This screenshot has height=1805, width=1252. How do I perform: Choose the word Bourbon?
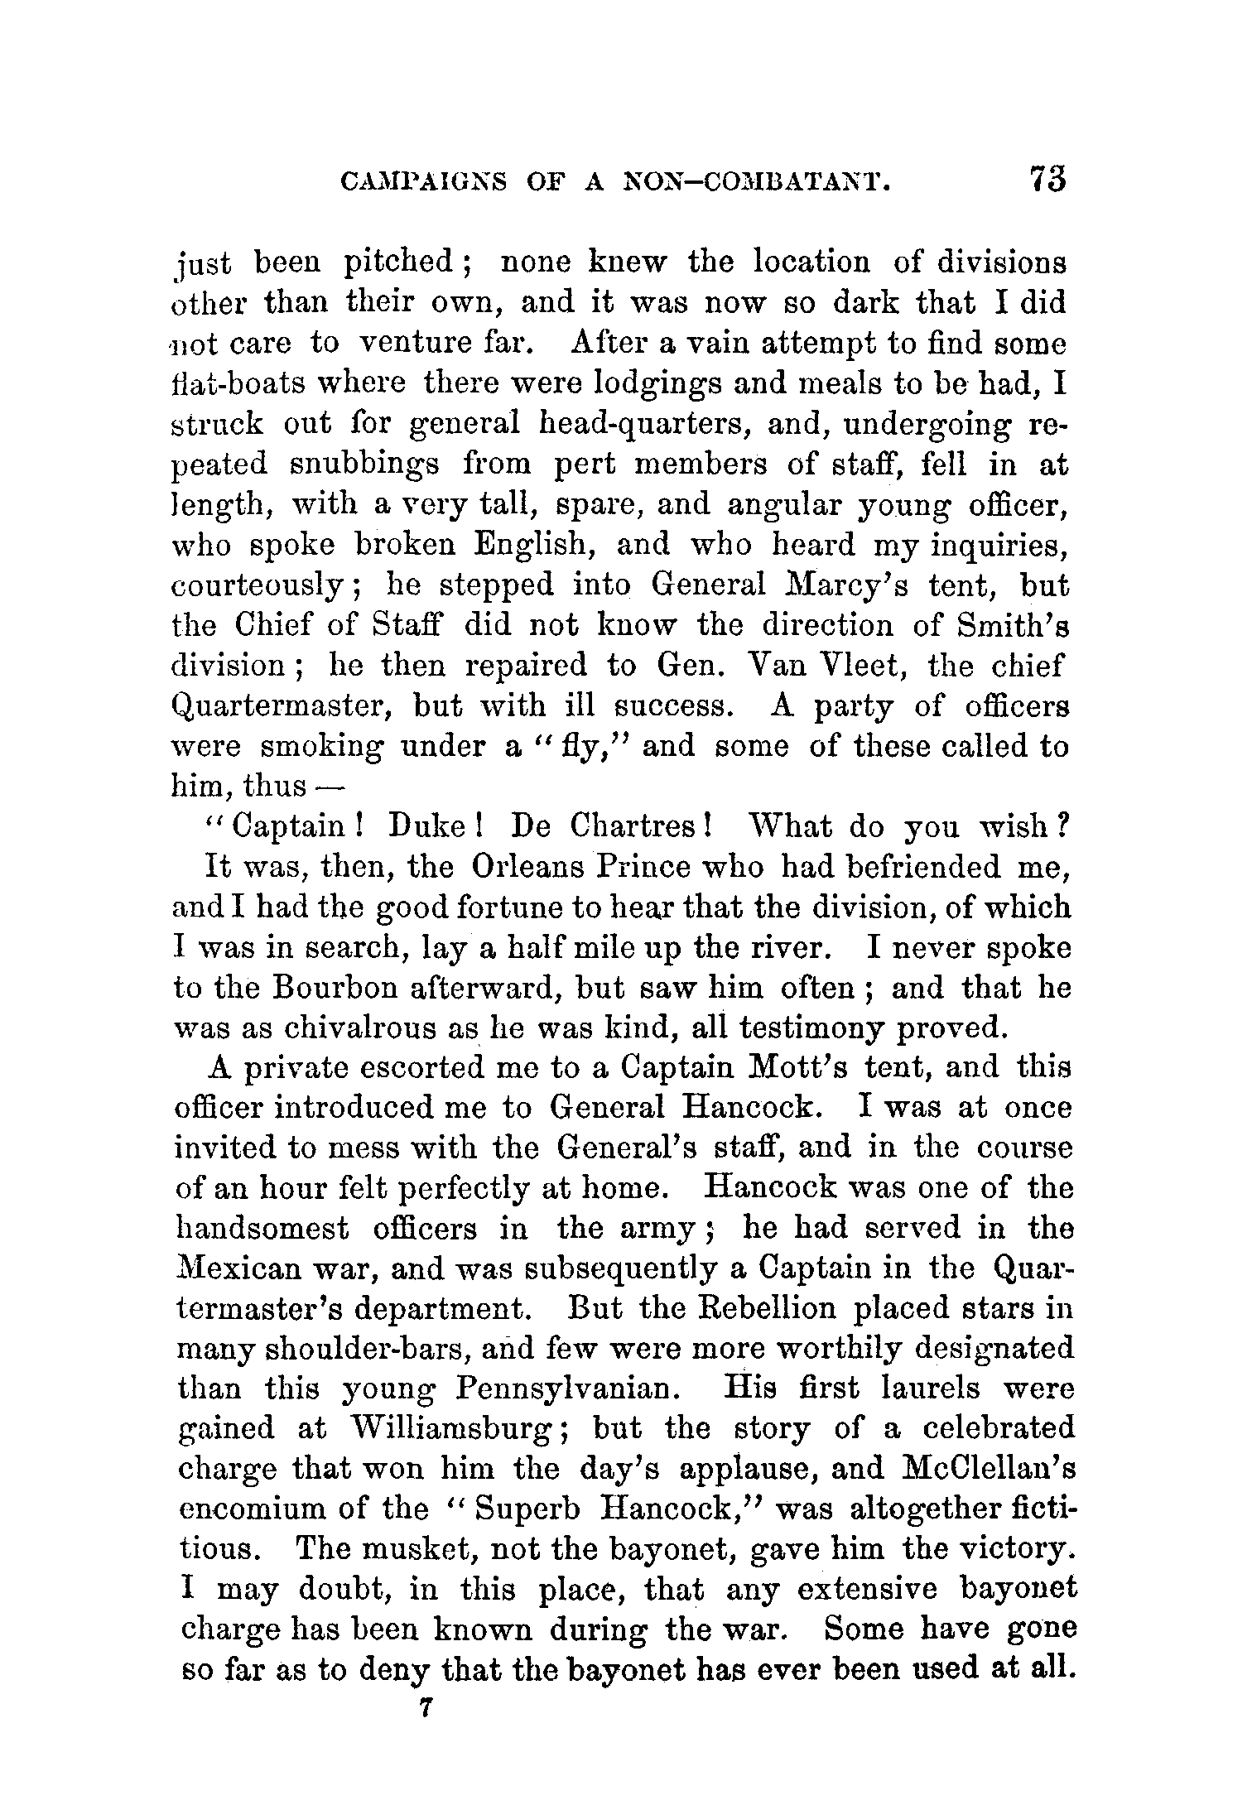(x=336, y=988)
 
